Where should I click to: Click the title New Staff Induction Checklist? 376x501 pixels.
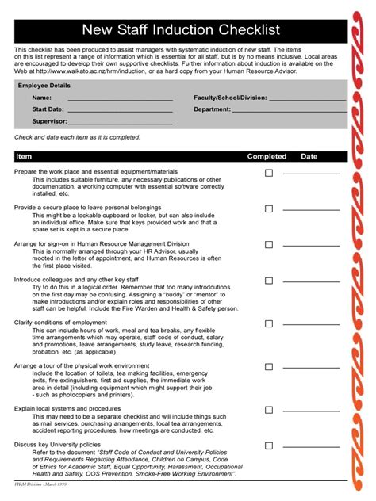tap(181, 30)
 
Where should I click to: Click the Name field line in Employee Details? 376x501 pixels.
tap(120, 100)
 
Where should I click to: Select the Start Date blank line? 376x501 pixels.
tap(120, 112)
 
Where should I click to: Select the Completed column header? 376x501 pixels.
tap(267, 156)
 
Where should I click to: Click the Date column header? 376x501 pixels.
tap(309, 156)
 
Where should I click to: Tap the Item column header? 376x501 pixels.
tap(24, 156)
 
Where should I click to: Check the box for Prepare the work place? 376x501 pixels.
tap(269, 173)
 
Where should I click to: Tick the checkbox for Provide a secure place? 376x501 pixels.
tap(269, 209)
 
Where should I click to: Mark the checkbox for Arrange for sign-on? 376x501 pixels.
tap(269, 246)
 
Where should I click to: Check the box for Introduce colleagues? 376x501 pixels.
tap(269, 281)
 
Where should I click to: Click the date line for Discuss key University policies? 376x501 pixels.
tap(310, 447)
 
